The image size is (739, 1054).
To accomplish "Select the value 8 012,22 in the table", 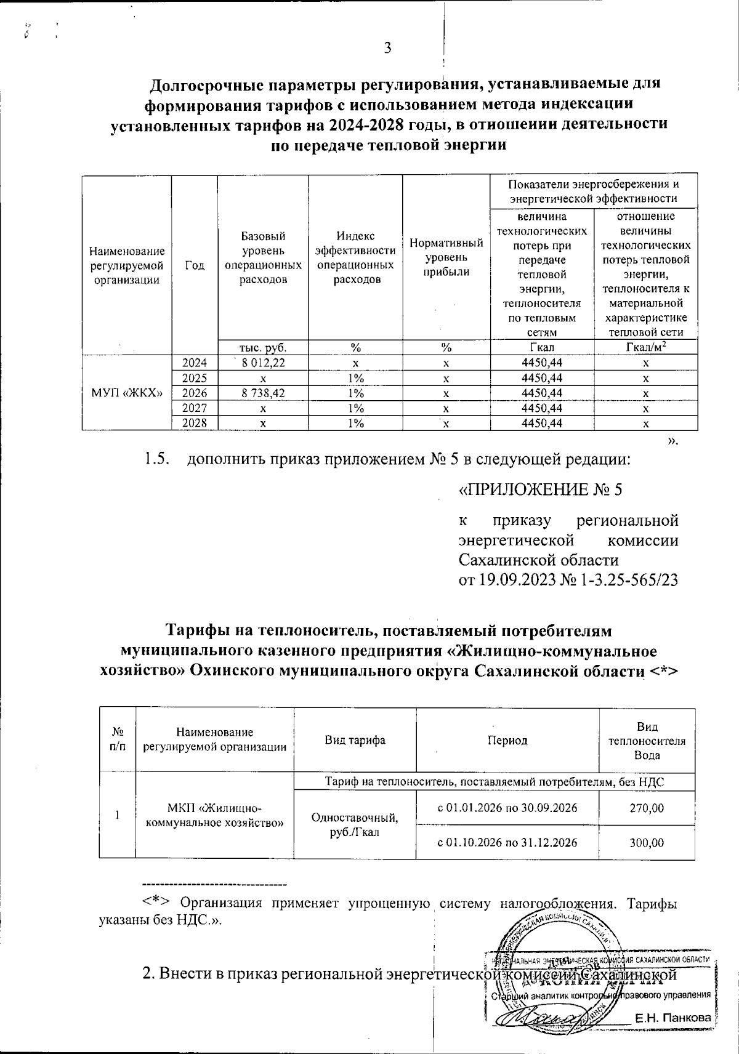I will (263, 363).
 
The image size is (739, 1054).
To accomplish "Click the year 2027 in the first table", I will (194, 408).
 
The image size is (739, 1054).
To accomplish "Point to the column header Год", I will (195, 265).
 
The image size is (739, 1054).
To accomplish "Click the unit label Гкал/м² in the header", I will (645, 348).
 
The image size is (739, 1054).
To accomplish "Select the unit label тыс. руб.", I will (263, 348).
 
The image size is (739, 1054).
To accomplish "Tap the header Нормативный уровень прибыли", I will (446, 257).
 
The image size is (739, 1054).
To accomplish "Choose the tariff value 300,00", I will (647, 842).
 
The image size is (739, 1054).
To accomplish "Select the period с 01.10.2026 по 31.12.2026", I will (507, 842).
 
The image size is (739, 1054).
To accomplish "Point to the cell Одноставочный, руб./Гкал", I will (355, 825).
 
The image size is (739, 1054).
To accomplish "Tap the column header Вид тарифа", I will (355, 740).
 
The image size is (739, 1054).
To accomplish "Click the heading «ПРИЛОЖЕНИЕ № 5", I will (541, 490).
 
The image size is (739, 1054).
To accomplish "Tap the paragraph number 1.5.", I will (156, 459).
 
